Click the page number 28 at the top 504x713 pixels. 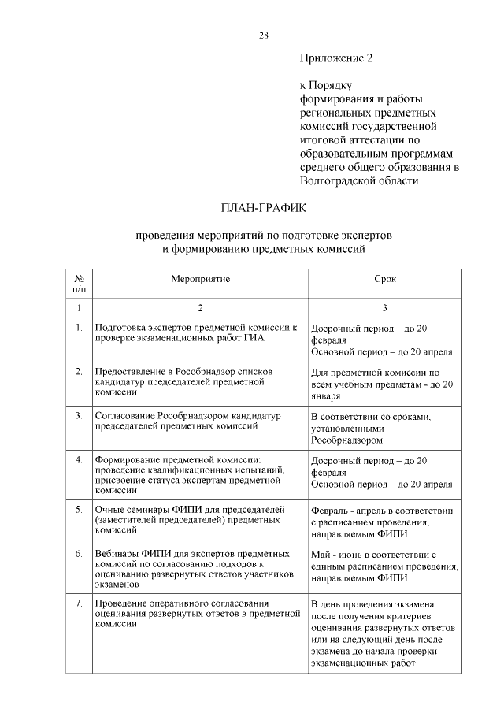pos(264,35)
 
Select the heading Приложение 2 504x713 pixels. pos(335,58)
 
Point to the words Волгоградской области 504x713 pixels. pos(359,180)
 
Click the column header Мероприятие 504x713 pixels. pos(201,280)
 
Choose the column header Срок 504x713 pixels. pos(384,280)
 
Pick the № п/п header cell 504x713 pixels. pos(79,285)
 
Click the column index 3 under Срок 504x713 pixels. pos(384,307)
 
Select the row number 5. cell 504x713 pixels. pos(79,509)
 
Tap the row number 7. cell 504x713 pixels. pos(79,603)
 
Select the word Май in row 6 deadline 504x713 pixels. pos(320,554)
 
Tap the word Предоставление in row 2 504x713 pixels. pos(132,370)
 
